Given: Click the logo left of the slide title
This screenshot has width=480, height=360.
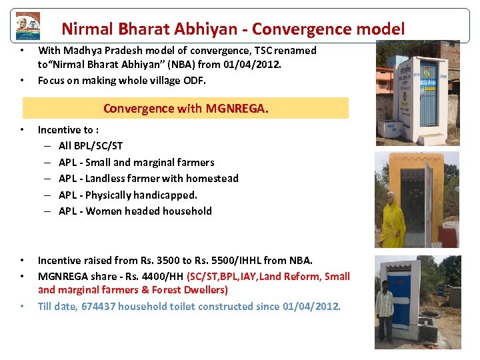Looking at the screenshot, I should point(28,26).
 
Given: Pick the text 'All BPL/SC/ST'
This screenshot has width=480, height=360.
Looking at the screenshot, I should point(91,146).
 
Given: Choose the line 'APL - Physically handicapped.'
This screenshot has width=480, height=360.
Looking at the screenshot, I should point(128,195).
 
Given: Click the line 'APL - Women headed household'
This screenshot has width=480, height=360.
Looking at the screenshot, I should point(135,211).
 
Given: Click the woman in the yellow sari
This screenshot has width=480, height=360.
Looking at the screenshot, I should point(392,219).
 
